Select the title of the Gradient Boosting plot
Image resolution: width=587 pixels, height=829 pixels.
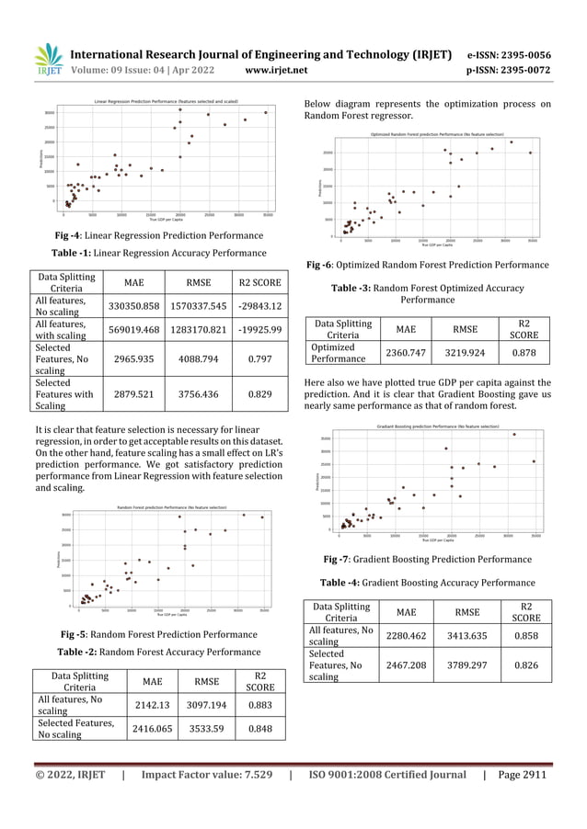point(430,426)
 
